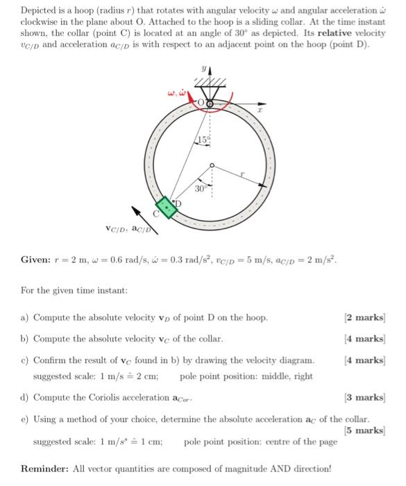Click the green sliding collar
[x=166, y=207]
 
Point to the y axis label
[x=204, y=69]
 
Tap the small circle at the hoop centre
[x=212, y=165]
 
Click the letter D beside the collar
[x=177, y=203]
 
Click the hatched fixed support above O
[x=210, y=84]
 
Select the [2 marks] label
[x=364, y=318]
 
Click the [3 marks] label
[x=364, y=398]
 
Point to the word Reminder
[x=43, y=469]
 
